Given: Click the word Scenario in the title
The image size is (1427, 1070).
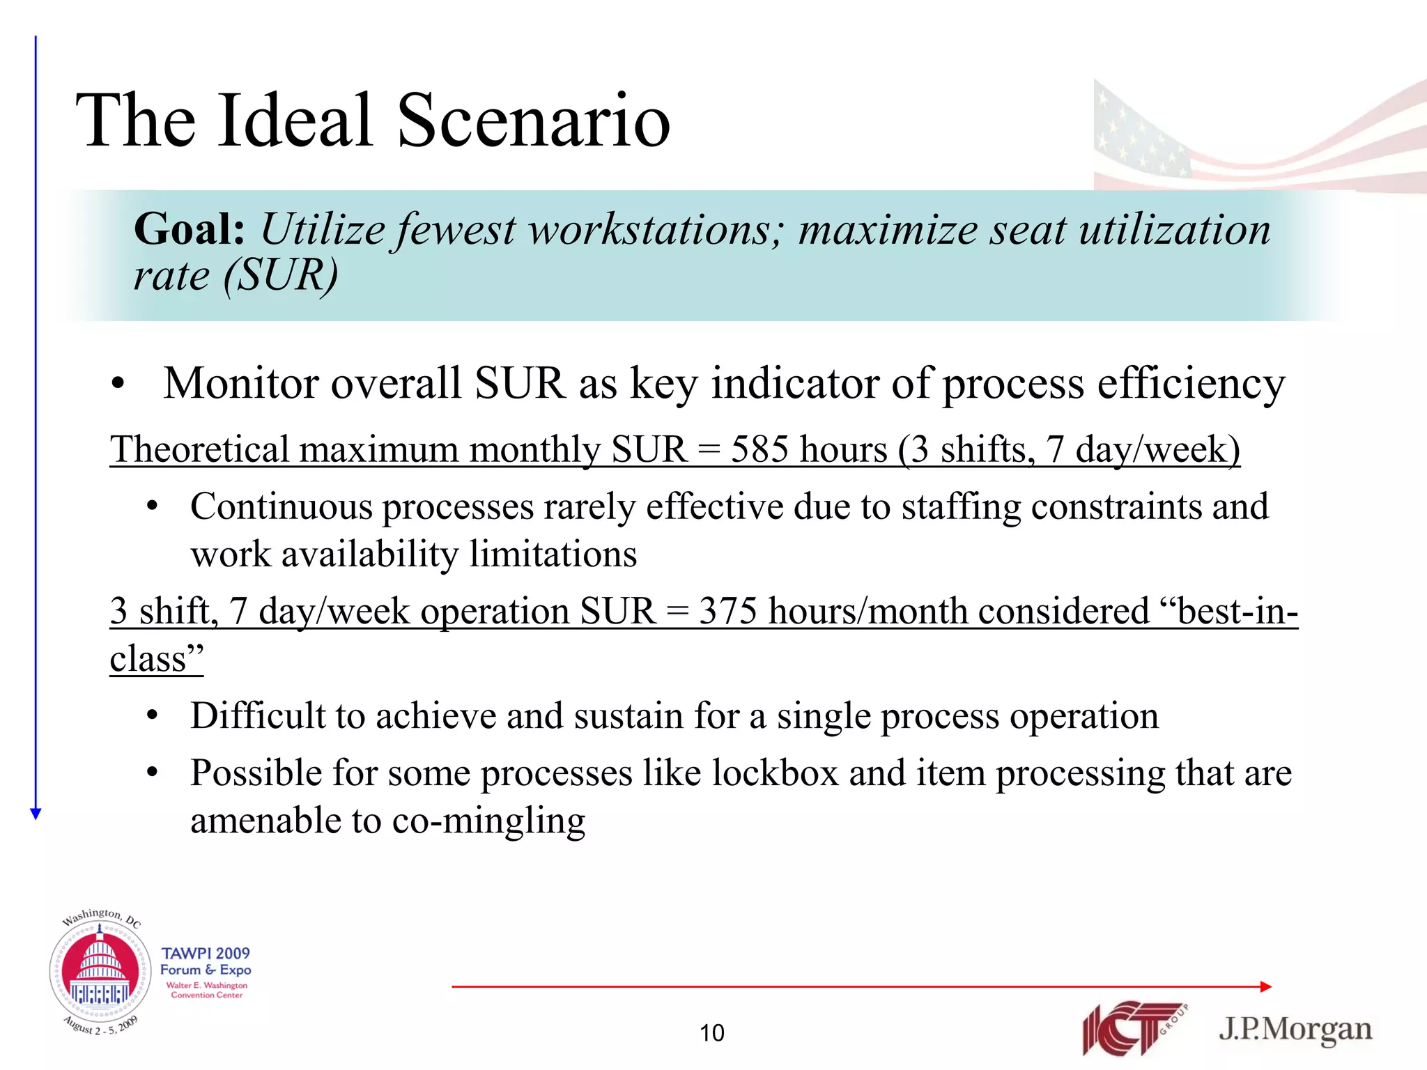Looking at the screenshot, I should tap(533, 121).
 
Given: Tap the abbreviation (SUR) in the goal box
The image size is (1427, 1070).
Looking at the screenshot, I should tap(281, 275).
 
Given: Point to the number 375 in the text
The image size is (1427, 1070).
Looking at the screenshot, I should tap(727, 612).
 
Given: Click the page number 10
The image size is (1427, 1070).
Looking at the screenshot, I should tap(712, 1032).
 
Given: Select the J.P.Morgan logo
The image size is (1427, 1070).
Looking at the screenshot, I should tap(1295, 1030).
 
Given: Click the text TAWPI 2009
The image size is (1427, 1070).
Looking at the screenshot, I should tap(206, 953).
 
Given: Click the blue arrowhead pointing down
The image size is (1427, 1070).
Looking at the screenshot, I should tap(36, 813).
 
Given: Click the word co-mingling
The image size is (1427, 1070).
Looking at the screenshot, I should tap(488, 821).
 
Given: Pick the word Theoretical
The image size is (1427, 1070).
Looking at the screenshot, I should tap(199, 449).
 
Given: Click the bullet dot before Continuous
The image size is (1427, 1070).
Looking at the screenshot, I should tap(153, 507).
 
